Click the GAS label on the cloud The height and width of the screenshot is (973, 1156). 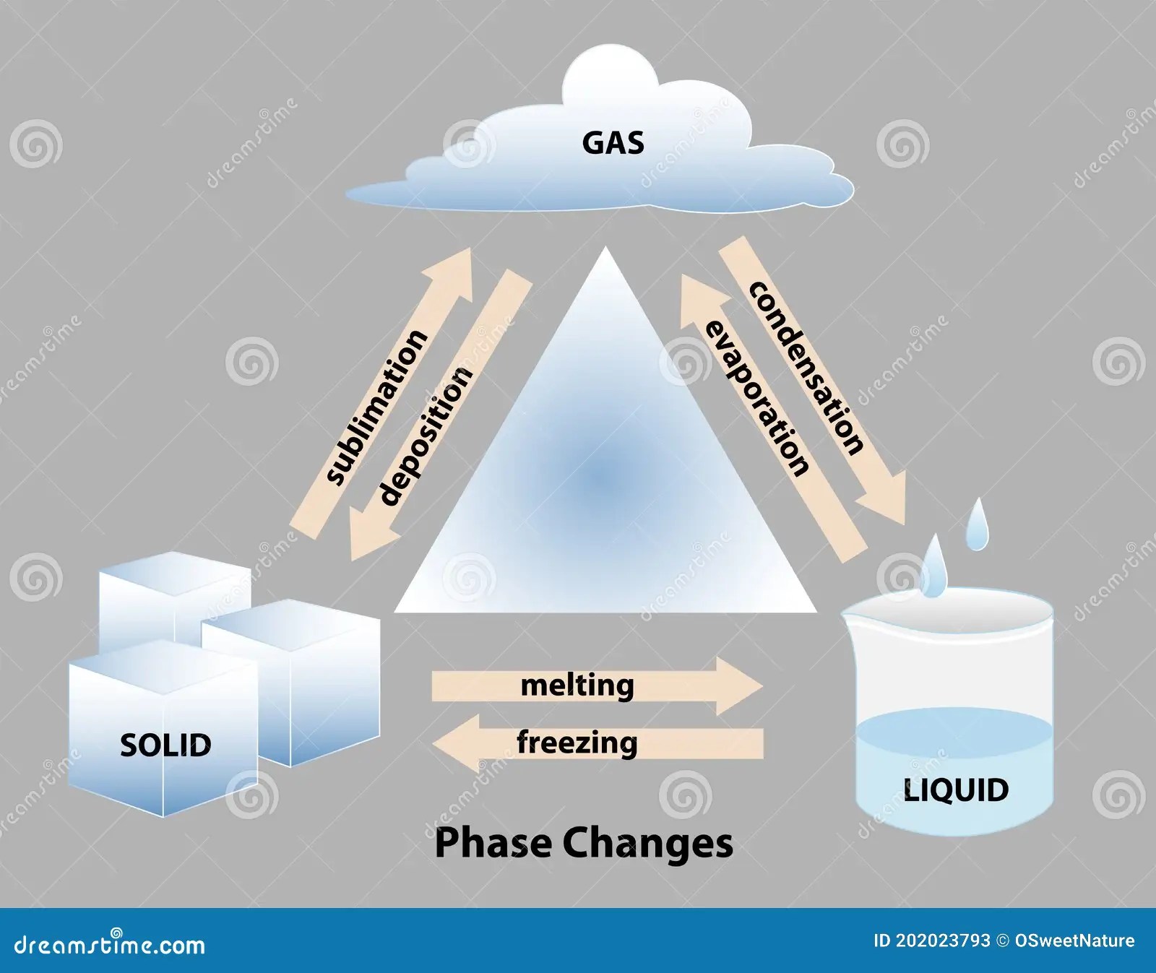point(613,143)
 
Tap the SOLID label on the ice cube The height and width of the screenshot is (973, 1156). point(165,745)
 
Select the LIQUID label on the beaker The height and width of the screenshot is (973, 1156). point(956,790)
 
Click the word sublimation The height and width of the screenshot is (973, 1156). point(376,407)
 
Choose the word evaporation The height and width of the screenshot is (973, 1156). point(756,399)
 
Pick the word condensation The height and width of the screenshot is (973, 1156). point(806,368)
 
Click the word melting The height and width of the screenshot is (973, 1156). point(577,685)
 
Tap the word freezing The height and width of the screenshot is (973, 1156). point(577,743)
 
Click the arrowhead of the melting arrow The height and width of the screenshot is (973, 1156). point(744,686)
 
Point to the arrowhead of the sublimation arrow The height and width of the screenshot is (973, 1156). point(454,267)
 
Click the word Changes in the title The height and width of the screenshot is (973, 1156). point(647,843)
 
